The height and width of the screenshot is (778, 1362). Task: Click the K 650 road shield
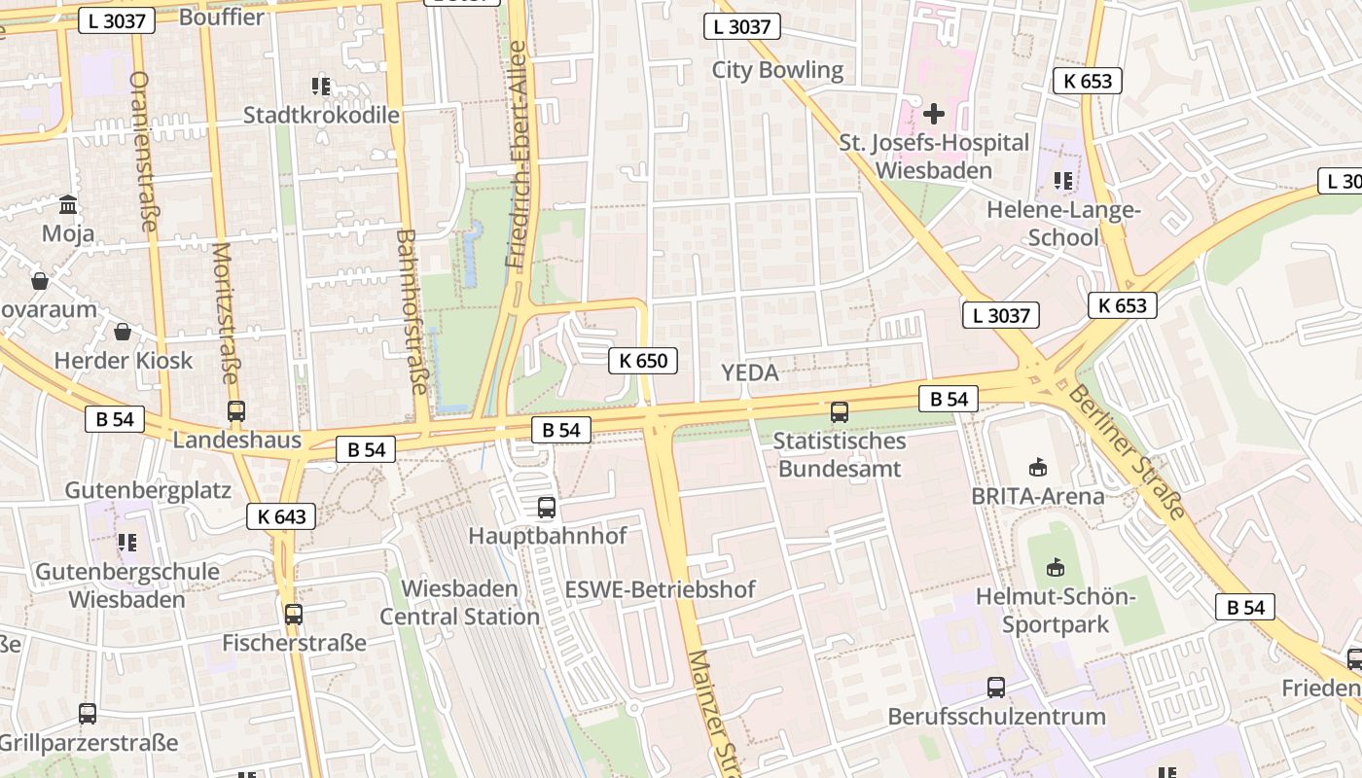click(x=643, y=361)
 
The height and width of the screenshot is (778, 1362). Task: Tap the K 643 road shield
click(x=281, y=516)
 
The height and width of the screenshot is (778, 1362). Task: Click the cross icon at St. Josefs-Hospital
click(x=934, y=115)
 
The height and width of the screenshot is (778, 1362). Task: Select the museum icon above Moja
click(x=68, y=205)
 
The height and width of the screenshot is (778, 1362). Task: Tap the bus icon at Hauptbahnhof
click(x=547, y=508)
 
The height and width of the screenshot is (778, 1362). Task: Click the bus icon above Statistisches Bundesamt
click(x=840, y=412)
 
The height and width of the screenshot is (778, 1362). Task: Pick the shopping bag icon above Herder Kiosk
click(x=123, y=333)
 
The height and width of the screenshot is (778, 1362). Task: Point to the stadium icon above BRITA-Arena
click(x=1038, y=468)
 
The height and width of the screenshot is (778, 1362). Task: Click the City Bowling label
click(x=777, y=70)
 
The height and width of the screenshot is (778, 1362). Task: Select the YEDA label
click(x=750, y=372)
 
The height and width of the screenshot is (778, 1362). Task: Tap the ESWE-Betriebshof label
click(x=660, y=589)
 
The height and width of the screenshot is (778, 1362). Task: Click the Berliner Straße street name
click(x=1129, y=452)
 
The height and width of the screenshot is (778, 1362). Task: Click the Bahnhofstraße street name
click(x=413, y=311)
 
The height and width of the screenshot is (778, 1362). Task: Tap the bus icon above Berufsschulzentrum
click(x=996, y=689)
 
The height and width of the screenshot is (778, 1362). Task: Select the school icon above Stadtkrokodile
click(x=321, y=87)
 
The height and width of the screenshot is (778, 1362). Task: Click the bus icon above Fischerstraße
click(x=294, y=615)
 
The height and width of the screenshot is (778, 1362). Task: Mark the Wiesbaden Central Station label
click(x=459, y=603)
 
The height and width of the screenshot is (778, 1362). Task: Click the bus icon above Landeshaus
click(x=236, y=411)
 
